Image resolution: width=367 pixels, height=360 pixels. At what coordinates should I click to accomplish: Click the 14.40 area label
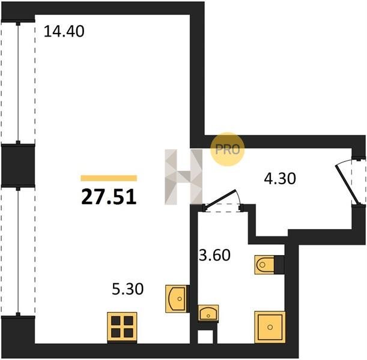tap(64, 32)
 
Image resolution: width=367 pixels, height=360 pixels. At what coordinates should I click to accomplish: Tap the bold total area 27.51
tap(109, 197)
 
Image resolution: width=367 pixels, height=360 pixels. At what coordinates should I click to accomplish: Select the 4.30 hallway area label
tap(280, 179)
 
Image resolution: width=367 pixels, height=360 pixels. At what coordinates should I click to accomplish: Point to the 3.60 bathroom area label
tap(214, 255)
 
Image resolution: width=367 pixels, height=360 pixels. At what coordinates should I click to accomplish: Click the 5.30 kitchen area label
tap(128, 289)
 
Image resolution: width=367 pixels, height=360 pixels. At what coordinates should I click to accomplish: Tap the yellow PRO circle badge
tap(228, 149)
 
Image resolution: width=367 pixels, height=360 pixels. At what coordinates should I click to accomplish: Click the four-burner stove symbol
tap(122, 328)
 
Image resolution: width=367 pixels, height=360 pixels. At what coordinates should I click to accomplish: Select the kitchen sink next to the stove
tap(177, 299)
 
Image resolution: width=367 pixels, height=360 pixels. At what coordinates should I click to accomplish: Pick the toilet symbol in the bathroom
tap(264, 265)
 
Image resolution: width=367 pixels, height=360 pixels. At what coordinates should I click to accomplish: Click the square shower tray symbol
tap(270, 327)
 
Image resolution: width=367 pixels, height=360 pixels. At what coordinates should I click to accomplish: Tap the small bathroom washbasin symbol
tap(208, 313)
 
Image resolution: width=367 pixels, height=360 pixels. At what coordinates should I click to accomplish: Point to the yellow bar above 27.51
tap(109, 178)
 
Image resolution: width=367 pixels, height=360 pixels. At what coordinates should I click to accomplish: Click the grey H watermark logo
tap(184, 177)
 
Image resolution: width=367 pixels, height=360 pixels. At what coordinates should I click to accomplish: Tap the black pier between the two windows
tap(18, 165)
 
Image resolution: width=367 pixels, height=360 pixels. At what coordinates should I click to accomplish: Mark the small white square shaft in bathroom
tap(205, 337)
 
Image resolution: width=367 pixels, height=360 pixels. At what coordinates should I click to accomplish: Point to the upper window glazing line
tap(18, 83)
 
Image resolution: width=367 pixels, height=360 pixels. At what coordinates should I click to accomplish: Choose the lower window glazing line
tap(18, 251)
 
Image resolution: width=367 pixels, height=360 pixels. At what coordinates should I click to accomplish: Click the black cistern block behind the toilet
tap(279, 265)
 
